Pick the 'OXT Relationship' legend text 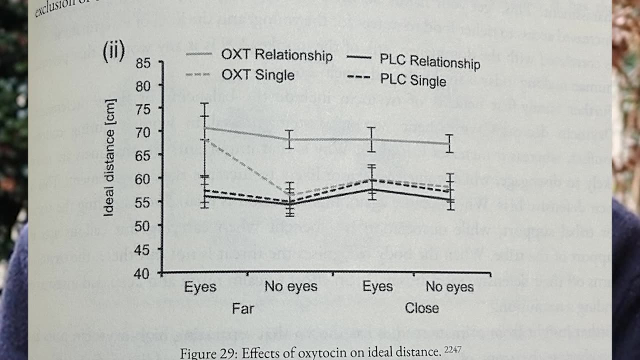coord(277,55)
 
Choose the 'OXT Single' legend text coord(258,75)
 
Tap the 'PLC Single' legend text coord(413,80)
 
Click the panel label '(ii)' coord(113,51)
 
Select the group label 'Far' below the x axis coord(243,308)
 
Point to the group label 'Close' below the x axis coord(421,307)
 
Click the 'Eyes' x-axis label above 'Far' coord(200,287)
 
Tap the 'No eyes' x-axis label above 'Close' coord(449,287)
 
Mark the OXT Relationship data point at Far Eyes coord(204,127)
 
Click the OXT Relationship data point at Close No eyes coord(449,143)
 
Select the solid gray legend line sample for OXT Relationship coord(200,53)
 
